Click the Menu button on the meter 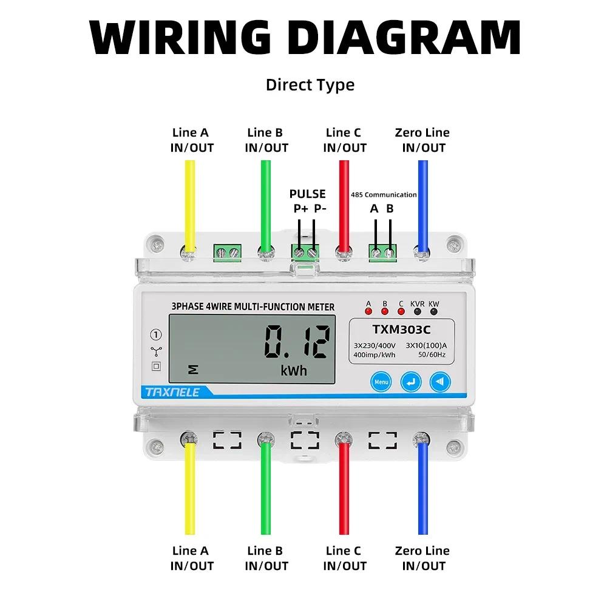pyautogui.click(x=381, y=382)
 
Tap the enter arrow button pyautogui.click(x=410, y=382)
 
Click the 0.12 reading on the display pyautogui.click(x=297, y=342)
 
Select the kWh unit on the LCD pyautogui.click(x=294, y=370)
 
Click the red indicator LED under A pyautogui.click(x=368, y=312)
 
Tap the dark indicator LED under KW pyautogui.click(x=433, y=312)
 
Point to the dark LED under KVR pyautogui.click(x=417, y=312)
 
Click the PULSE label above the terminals pyautogui.click(x=307, y=194)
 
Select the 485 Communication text pyautogui.click(x=384, y=195)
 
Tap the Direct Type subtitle pyautogui.click(x=310, y=85)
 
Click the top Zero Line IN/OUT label pyautogui.click(x=422, y=140)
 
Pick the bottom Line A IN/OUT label pyautogui.click(x=191, y=558)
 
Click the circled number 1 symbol pyautogui.click(x=156, y=334)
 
